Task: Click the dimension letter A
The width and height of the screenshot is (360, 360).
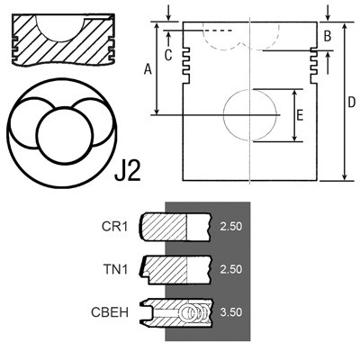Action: point(148,70)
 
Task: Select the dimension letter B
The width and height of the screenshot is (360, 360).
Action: point(328,36)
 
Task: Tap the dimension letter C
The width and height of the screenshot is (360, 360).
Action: point(168,55)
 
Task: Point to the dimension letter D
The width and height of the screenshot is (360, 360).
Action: point(351,103)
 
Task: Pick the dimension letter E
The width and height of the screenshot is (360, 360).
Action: point(300,115)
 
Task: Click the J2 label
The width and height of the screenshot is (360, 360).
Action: point(128,171)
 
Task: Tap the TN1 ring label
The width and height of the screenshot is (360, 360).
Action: point(115,269)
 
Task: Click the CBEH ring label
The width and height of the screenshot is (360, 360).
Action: point(110,312)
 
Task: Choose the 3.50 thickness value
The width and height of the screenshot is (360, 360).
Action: point(230,312)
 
